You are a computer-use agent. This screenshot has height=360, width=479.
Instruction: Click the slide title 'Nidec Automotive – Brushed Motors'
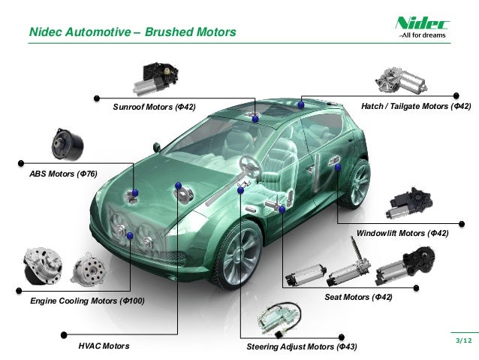coord(132,32)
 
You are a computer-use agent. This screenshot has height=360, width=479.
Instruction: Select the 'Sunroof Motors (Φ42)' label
coord(154,107)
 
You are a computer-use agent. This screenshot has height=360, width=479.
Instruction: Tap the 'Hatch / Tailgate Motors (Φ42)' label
coord(416,107)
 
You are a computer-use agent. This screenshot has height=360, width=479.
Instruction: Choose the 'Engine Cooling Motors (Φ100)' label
coord(87,301)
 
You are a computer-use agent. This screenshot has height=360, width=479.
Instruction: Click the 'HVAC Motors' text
coord(104,346)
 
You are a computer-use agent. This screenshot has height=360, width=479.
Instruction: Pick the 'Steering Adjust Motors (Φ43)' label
coord(302,347)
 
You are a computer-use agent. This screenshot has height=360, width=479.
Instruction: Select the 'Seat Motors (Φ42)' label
coord(358,298)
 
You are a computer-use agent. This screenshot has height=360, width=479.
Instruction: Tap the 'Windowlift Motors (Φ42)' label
coord(402,234)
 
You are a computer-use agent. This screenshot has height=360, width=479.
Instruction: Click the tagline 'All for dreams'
coord(423,35)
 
